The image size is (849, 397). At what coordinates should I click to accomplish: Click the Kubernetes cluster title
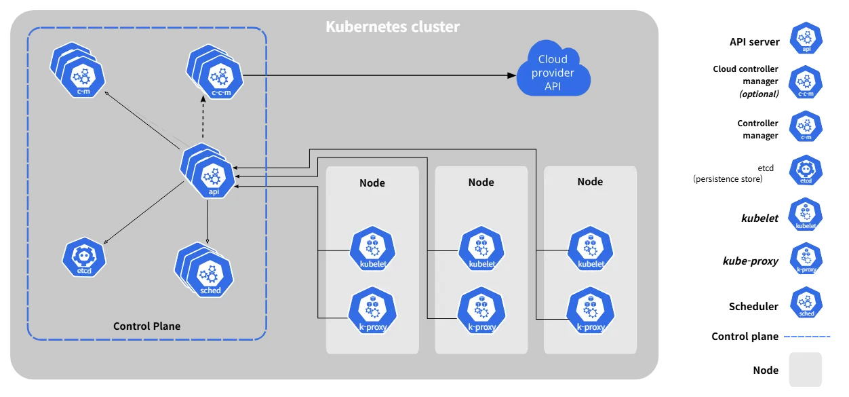click(393, 27)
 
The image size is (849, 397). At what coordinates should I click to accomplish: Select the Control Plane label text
click(146, 326)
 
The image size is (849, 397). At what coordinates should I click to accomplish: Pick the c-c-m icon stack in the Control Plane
click(216, 72)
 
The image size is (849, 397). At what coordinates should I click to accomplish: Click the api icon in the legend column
click(806, 38)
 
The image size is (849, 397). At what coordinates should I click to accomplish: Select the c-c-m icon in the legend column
click(806, 83)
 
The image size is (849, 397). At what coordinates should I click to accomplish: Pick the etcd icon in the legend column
click(806, 172)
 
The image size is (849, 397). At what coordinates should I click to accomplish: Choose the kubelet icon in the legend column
click(806, 215)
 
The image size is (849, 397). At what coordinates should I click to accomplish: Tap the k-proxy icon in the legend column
click(806, 259)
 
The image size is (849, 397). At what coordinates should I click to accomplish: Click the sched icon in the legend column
click(806, 303)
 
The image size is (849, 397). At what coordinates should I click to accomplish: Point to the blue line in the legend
click(808, 336)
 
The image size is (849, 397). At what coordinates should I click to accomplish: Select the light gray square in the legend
click(806, 368)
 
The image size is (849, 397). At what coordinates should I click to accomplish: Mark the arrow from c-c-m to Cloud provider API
click(376, 75)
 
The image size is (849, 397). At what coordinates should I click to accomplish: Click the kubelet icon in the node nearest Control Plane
click(372, 250)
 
